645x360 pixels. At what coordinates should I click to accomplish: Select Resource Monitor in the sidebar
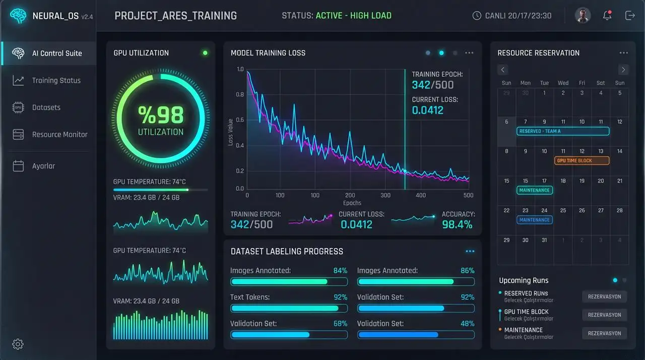pyautogui.click(x=49, y=135)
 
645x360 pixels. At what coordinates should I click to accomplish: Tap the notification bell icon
pyautogui.click(x=607, y=15)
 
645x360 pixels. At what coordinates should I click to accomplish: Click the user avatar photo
pyautogui.click(x=583, y=15)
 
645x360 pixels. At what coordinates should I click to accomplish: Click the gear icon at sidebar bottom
pyautogui.click(x=18, y=344)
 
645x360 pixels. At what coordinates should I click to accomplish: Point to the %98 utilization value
pyautogui.click(x=161, y=115)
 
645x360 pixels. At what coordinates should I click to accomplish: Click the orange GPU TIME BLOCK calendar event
pyautogui.click(x=582, y=160)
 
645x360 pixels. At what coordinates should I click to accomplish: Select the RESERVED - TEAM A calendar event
pyautogui.click(x=563, y=131)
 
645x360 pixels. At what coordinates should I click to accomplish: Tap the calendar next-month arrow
pyautogui.click(x=623, y=70)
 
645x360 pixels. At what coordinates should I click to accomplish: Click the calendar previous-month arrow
pyautogui.click(x=503, y=70)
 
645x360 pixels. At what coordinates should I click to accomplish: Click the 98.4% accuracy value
pyautogui.click(x=457, y=225)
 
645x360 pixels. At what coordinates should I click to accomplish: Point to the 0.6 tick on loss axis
pyautogui.click(x=240, y=120)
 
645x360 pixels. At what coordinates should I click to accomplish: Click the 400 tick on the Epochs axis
pyautogui.click(x=421, y=195)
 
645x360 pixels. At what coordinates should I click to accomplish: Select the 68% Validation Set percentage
pyautogui.click(x=340, y=324)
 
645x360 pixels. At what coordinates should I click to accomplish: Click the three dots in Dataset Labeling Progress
pyautogui.click(x=470, y=252)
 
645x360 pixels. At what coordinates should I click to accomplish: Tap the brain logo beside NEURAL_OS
pyautogui.click(x=18, y=16)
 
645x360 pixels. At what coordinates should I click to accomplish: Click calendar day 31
pyautogui.click(x=544, y=240)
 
